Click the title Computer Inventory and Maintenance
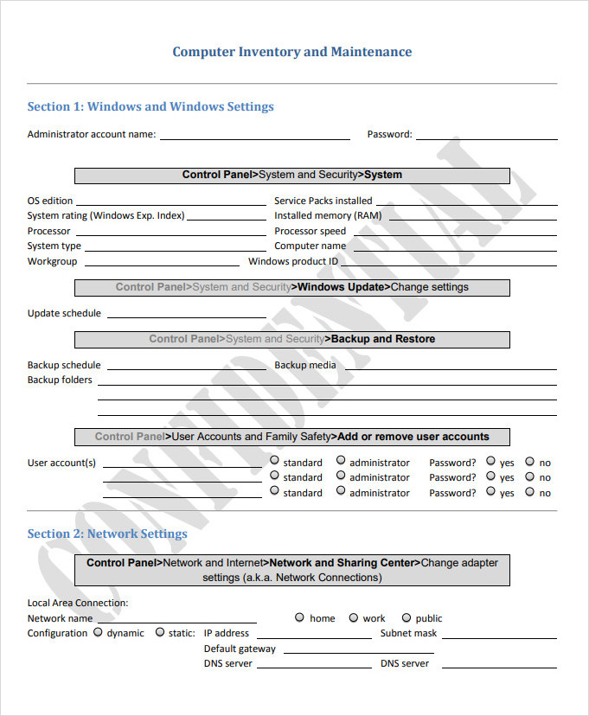point(291,52)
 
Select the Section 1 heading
point(150,107)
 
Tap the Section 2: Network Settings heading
point(107,534)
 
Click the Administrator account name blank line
point(254,137)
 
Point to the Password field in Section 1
point(484,137)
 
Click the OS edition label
point(50,201)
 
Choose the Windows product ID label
point(293,261)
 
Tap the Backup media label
point(305,365)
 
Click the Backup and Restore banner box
point(291,339)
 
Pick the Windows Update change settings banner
point(291,287)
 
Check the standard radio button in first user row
point(274,461)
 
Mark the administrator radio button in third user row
point(341,491)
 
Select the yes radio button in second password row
point(490,476)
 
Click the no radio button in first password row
point(530,461)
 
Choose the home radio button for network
point(299,617)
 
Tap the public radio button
point(405,617)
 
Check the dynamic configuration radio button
point(98,632)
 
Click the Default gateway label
point(240,649)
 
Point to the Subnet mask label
point(408,633)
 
